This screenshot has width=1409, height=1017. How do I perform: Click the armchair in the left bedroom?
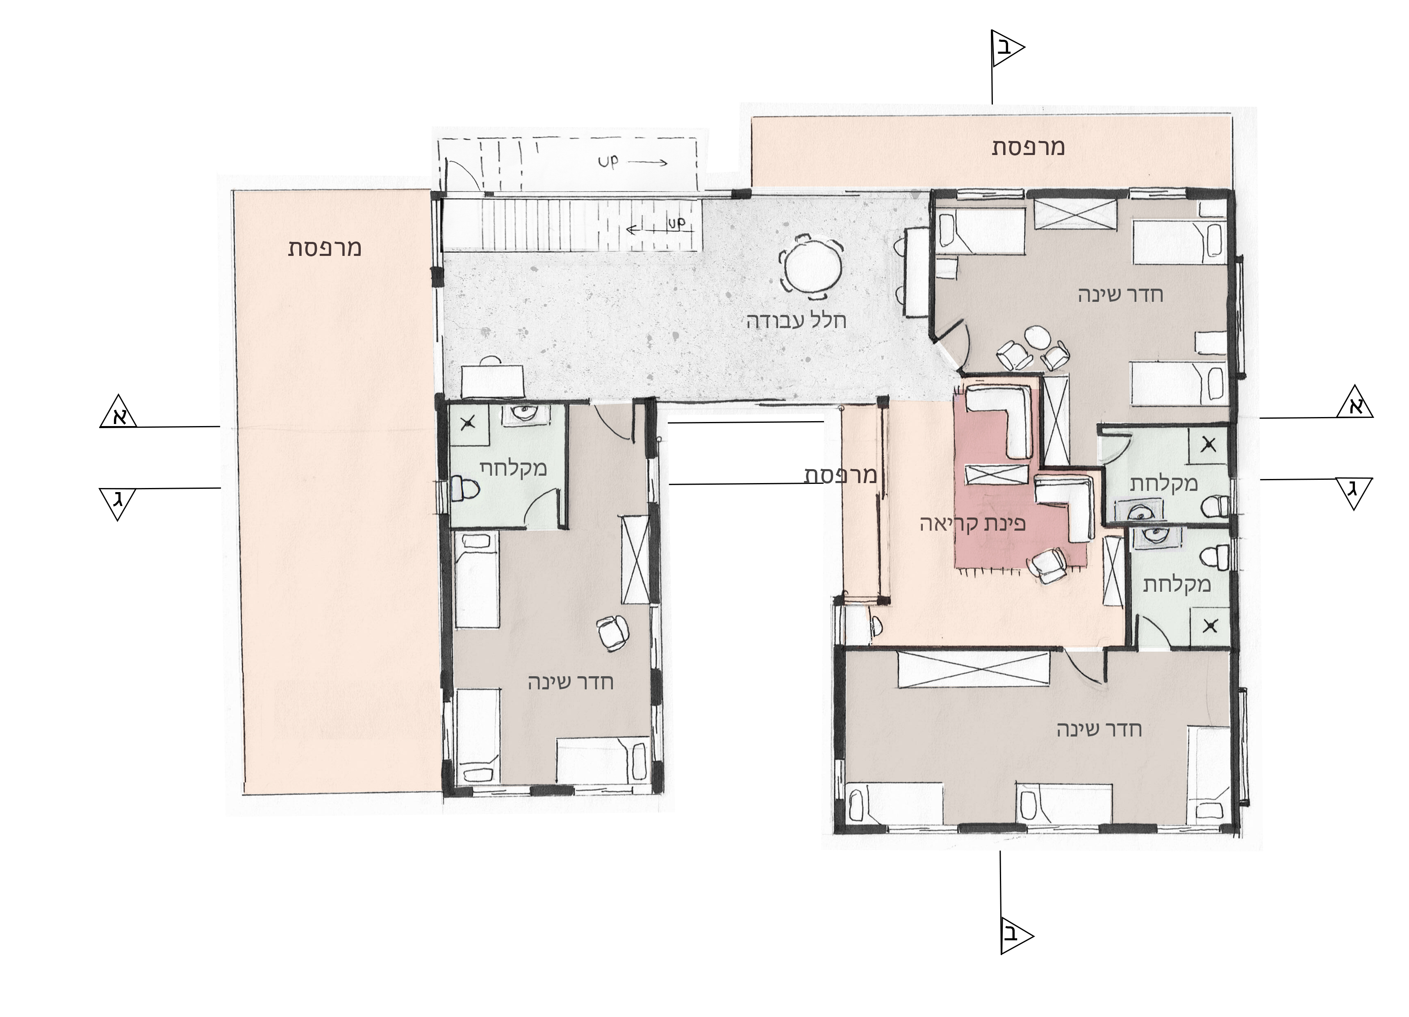612,632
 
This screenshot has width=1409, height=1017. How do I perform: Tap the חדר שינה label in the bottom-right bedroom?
1099,729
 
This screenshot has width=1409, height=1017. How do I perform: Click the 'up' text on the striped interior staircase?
678,223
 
